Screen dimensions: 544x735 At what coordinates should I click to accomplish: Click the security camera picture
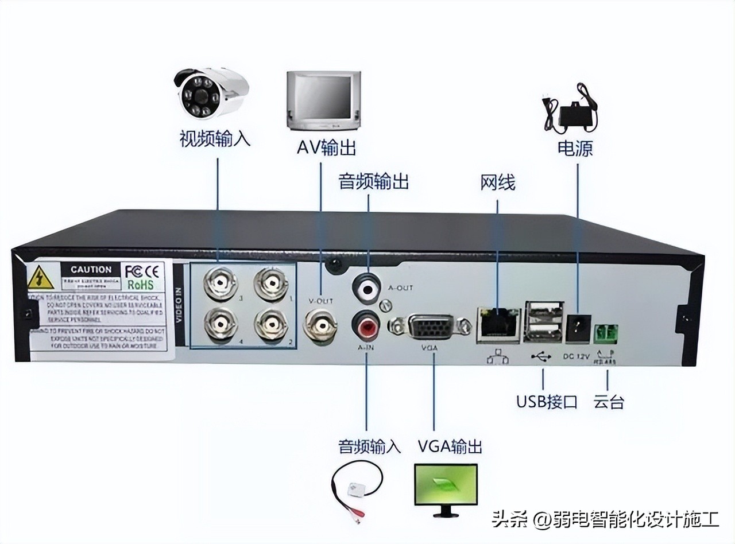pyautogui.click(x=211, y=92)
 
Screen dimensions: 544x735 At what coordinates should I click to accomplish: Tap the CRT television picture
pyautogui.click(x=323, y=100)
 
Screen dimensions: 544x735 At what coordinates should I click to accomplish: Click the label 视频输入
pyautogui.click(x=215, y=139)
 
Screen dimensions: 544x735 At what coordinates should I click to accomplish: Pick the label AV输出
pyautogui.click(x=326, y=147)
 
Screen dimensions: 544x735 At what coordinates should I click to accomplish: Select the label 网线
pyautogui.click(x=497, y=182)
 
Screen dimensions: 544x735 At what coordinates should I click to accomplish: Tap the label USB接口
pyautogui.click(x=546, y=401)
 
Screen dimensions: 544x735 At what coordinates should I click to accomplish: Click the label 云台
pyautogui.click(x=609, y=401)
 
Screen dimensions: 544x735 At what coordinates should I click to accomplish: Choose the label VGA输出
pyautogui.click(x=450, y=446)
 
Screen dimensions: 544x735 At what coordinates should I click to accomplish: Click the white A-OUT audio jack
pyautogui.click(x=366, y=285)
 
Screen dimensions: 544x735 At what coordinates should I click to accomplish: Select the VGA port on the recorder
pyautogui.click(x=431, y=328)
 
